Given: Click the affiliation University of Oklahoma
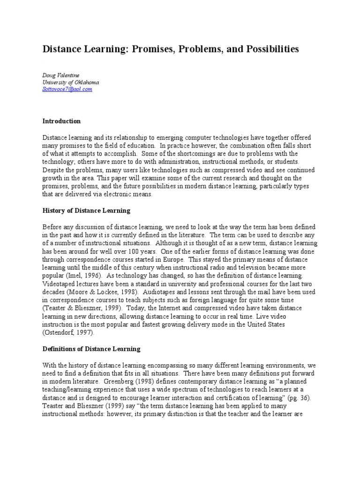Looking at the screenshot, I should coord(71,82).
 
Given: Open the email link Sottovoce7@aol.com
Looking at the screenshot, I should coord(67,89).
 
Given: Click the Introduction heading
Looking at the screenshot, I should coord(62,121).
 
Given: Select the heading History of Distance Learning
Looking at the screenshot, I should coord(87,211).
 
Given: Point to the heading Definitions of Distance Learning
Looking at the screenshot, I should coord(92,349).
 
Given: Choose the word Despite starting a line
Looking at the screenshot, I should coord(53,170).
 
